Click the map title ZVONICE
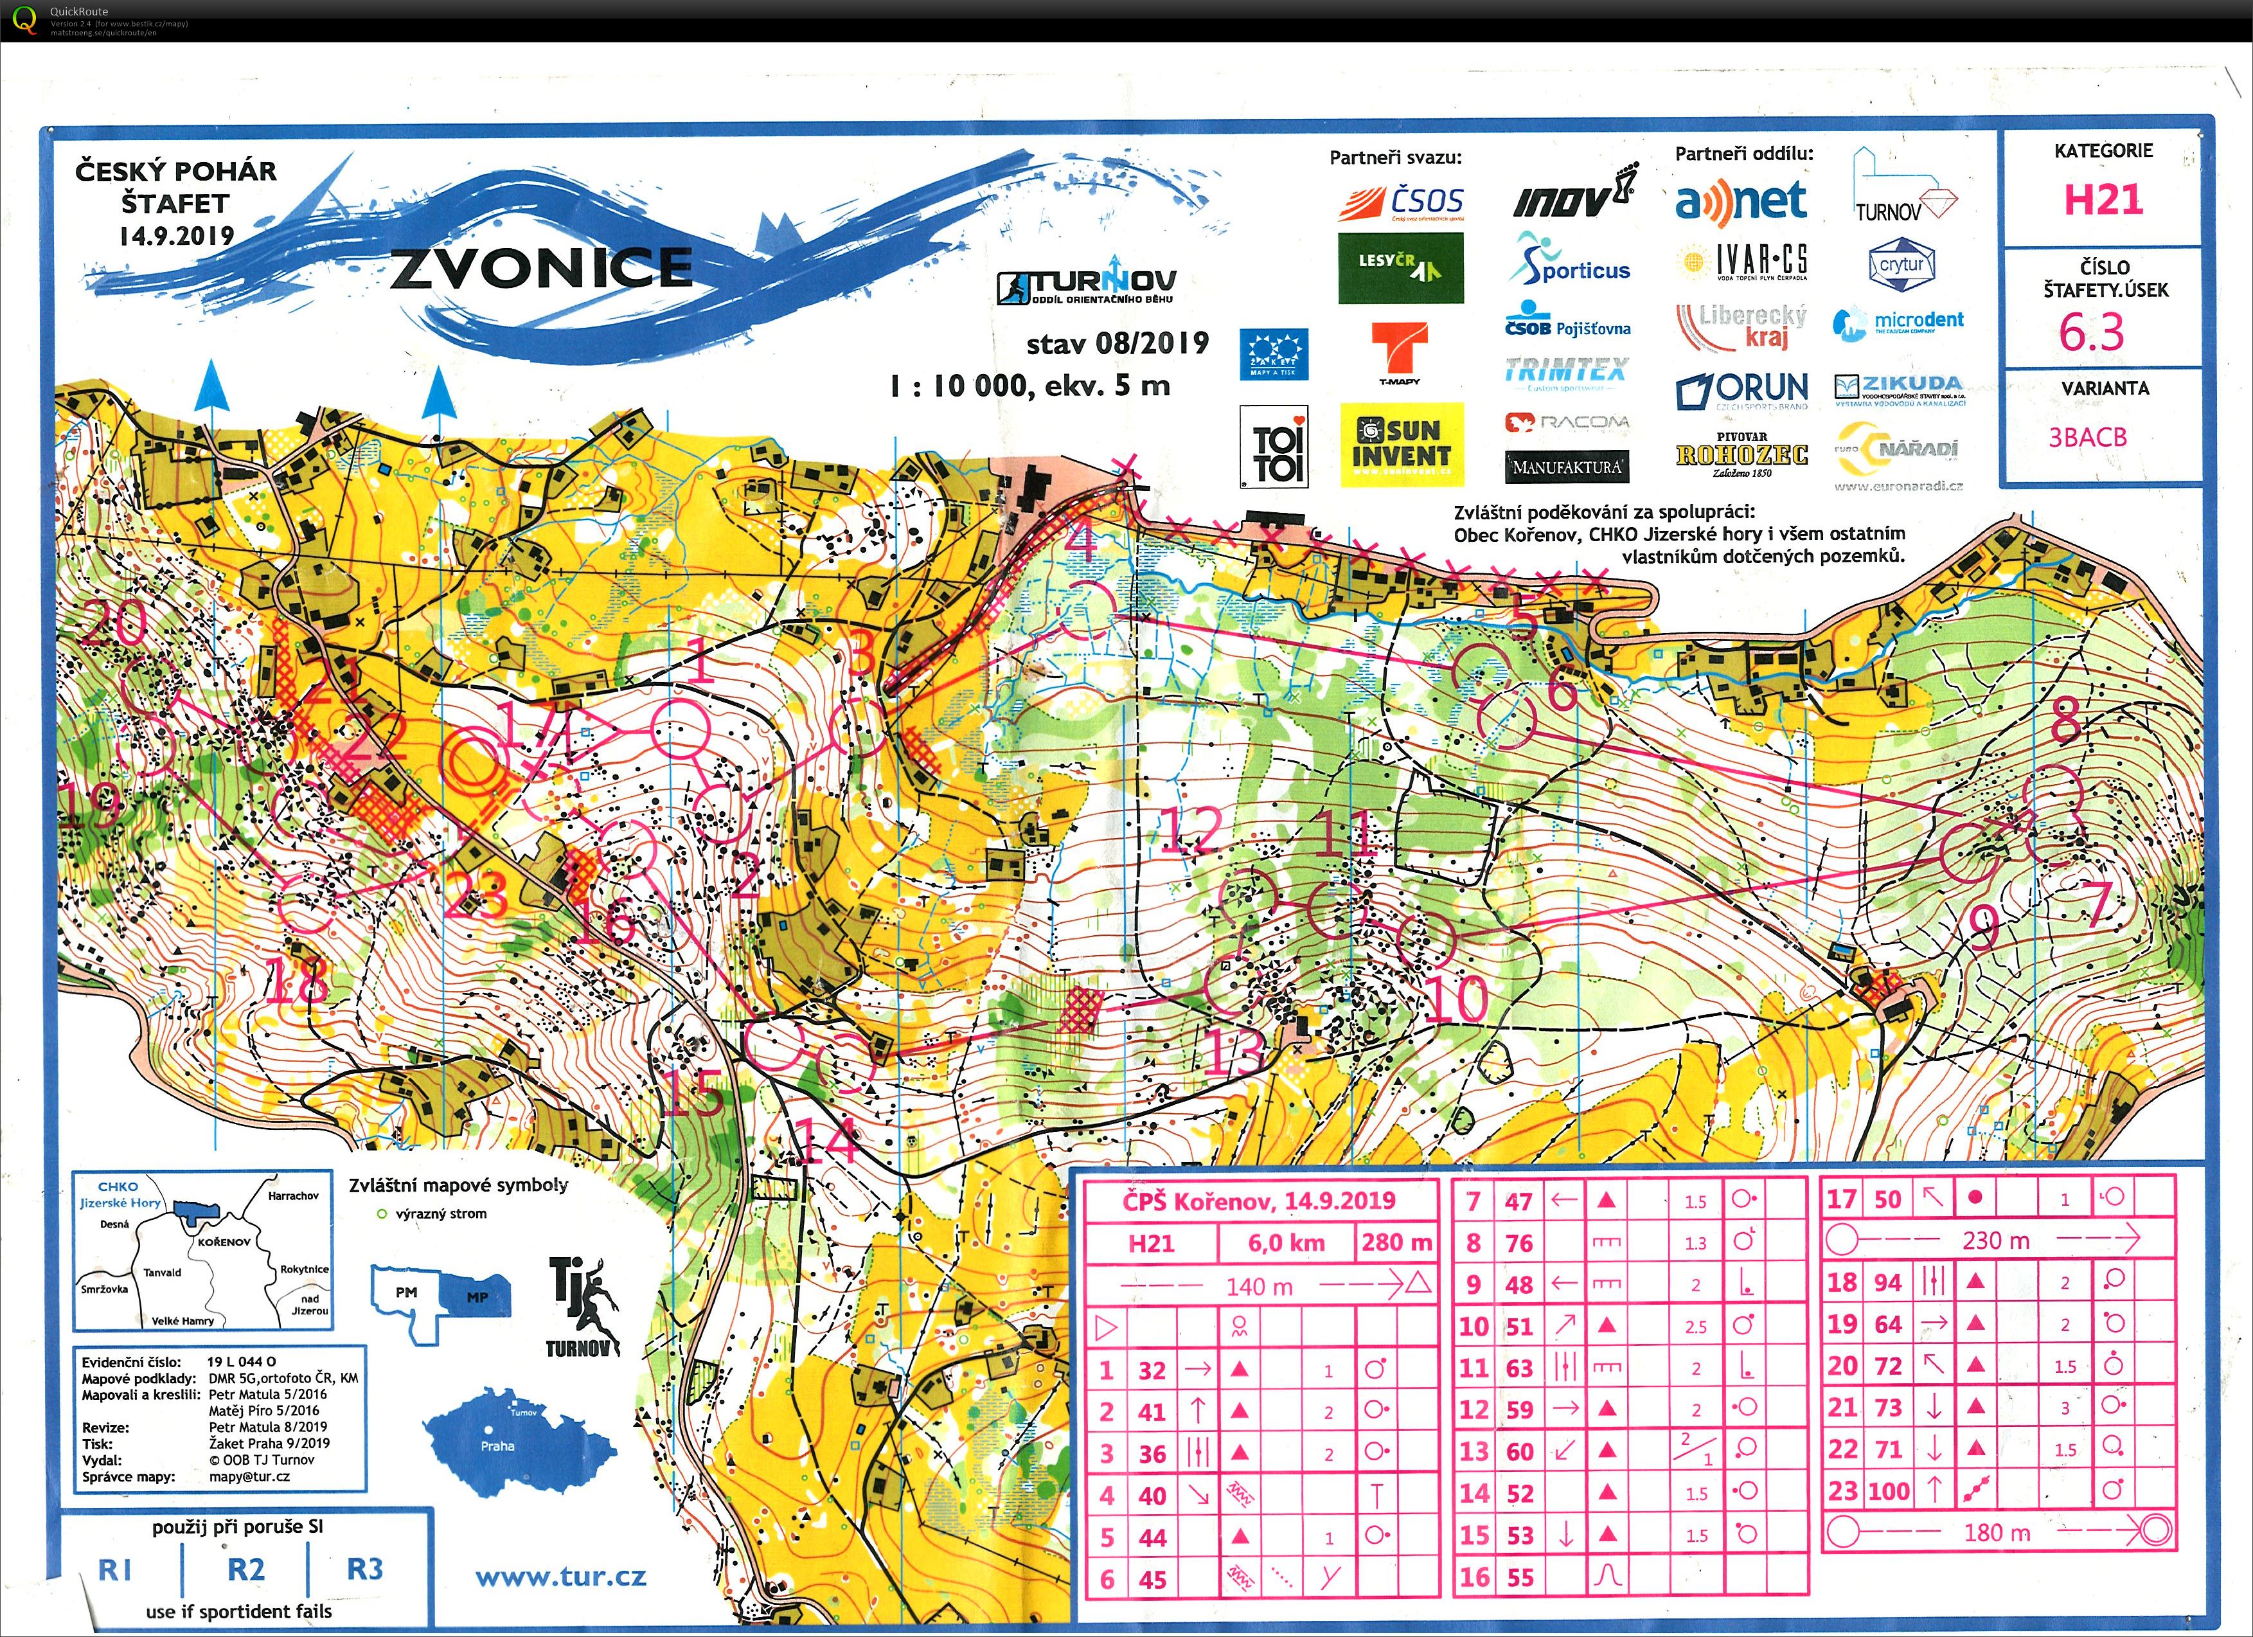click(x=540, y=268)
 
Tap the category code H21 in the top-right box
click(x=2103, y=200)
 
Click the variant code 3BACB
click(x=2087, y=437)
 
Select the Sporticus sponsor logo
click(x=1569, y=262)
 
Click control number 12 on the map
click(x=1191, y=830)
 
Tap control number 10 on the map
click(x=1456, y=998)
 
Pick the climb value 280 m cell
click(x=1396, y=1242)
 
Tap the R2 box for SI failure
click(x=245, y=1570)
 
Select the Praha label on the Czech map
click(x=497, y=1446)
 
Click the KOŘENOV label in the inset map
click(x=224, y=1242)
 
